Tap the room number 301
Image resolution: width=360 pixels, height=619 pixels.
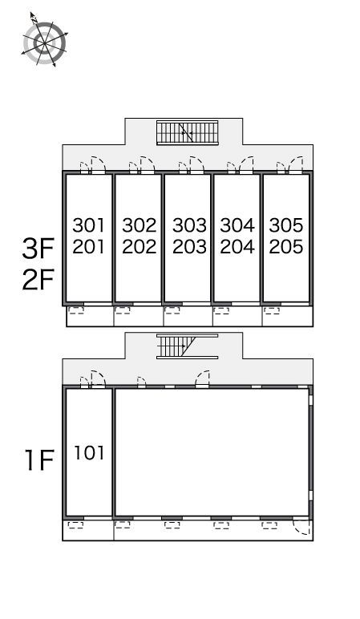pyautogui.click(x=89, y=225)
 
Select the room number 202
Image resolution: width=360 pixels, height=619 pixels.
pyautogui.click(x=139, y=247)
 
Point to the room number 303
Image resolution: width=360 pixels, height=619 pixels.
pyautogui.click(x=189, y=225)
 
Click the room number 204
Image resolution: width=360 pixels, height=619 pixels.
pyautogui.click(x=237, y=247)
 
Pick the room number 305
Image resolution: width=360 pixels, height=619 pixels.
pyautogui.click(x=286, y=225)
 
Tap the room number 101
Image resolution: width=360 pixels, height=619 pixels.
pyautogui.click(x=90, y=453)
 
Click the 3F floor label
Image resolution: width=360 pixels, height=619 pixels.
pyautogui.click(x=38, y=249)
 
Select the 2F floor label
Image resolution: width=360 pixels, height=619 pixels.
pyautogui.click(x=38, y=280)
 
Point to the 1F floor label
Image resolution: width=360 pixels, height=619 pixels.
pyautogui.click(x=39, y=460)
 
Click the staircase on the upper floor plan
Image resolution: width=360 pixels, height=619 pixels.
pyautogui.click(x=188, y=132)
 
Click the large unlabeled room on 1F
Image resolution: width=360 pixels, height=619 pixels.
pyautogui.click(x=212, y=452)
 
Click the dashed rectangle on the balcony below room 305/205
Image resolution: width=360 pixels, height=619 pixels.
pyautogui.click(x=272, y=310)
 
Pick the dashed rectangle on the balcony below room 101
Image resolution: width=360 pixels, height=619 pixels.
pyautogui.click(x=76, y=525)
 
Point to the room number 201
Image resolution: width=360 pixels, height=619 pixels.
pyautogui.click(x=89, y=247)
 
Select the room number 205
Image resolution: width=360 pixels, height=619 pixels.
pyautogui.click(x=286, y=247)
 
